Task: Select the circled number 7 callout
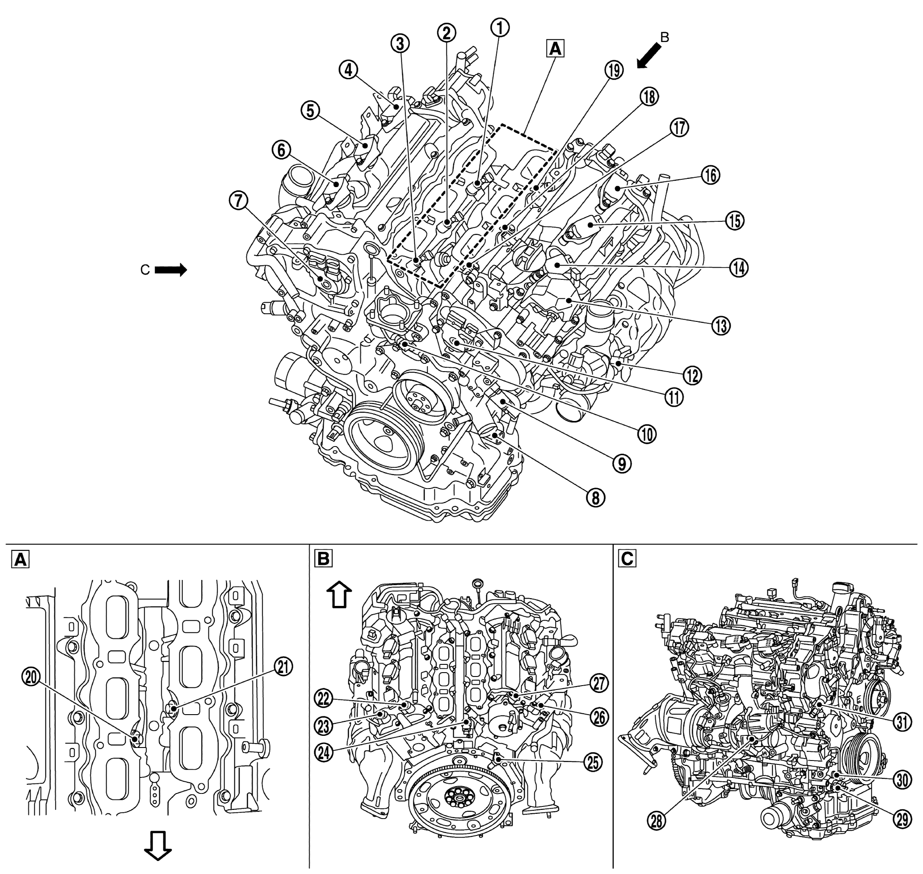[238, 201]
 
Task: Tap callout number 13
[721, 326]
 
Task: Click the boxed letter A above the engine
[555, 49]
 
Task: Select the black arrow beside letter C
[171, 270]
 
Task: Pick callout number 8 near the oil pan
[595, 498]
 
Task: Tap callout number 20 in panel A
[31, 677]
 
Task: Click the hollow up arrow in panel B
[339, 596]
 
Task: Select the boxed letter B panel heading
[324, 558]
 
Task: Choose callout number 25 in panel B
[593, 762]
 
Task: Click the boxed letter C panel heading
[627, 558]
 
